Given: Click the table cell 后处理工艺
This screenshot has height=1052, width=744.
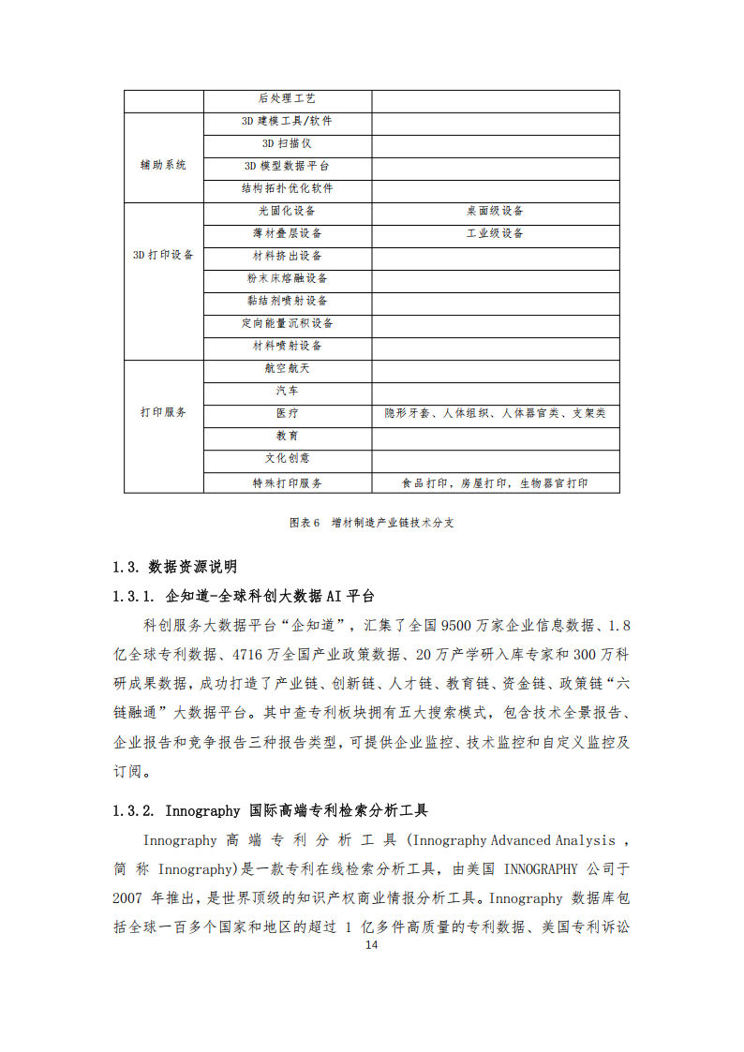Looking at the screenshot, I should (287, 98).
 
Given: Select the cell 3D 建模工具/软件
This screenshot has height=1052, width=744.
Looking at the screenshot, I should (287, 121).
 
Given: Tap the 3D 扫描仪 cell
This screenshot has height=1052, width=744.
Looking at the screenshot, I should (287, 143).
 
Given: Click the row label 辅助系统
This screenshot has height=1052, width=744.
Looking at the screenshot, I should (163, 165).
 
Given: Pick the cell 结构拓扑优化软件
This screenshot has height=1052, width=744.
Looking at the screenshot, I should (287, 188).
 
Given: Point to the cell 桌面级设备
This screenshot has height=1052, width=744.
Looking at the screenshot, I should (495, 211).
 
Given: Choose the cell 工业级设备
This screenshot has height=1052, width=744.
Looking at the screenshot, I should (495, 233).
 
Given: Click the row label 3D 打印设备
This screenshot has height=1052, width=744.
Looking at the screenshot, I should (163, 255).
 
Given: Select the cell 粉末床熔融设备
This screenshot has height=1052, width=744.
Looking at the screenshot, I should (287, 278).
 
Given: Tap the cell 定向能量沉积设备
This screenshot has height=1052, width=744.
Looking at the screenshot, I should (287, 323).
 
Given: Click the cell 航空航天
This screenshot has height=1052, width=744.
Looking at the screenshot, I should (287, 368).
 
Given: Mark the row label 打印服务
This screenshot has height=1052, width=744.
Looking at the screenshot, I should (163, 412).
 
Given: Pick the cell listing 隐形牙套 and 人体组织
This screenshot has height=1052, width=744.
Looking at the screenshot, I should (495, 413).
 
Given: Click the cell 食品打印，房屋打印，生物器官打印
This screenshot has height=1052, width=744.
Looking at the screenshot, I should (495, 483).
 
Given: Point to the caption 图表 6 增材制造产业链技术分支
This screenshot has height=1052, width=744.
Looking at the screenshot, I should (372, 523).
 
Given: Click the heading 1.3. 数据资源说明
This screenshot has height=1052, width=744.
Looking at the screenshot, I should (174, 567).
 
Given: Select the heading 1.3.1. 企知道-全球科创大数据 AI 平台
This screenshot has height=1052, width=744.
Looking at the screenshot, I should (244, 596).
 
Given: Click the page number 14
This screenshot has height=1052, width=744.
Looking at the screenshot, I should (372, 945).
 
